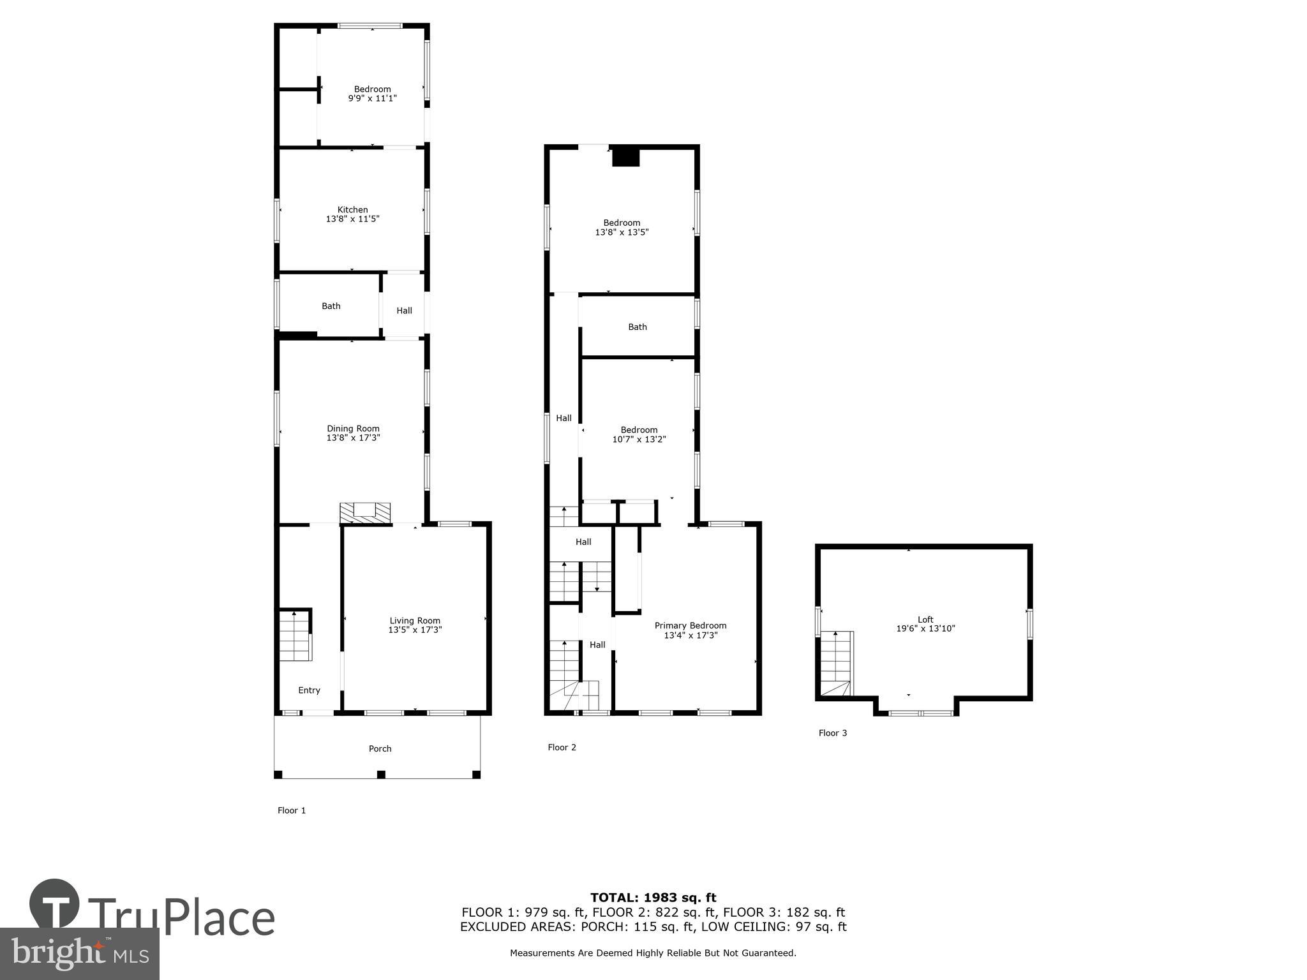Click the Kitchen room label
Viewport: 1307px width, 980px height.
(352, 209)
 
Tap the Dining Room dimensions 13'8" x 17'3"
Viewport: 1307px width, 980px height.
(353, 438)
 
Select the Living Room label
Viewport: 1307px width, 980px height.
(415, 620)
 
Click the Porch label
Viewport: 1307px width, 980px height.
(380, 748)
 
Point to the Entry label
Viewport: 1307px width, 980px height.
(309, 690)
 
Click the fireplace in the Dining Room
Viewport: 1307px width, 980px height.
(365, 512)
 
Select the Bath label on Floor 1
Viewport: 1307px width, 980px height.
(331, 306)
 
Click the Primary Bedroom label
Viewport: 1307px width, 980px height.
(690, 625)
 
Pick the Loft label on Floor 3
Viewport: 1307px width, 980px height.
(925, 619)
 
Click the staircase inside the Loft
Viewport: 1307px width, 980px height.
(836, 664)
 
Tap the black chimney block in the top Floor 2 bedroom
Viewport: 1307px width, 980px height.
(625, 157)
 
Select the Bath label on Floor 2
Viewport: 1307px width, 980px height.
(637, 327)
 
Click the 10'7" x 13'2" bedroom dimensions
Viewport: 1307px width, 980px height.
(639, 440)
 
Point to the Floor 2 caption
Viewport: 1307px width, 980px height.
(562, 747)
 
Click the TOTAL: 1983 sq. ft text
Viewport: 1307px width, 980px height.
(653, 898)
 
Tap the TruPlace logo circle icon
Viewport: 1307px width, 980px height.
(54, 905)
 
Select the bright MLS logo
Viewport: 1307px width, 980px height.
(80, 954)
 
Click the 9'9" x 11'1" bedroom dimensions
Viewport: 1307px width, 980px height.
(372, 99)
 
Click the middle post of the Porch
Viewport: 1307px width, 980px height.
(381, 775)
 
